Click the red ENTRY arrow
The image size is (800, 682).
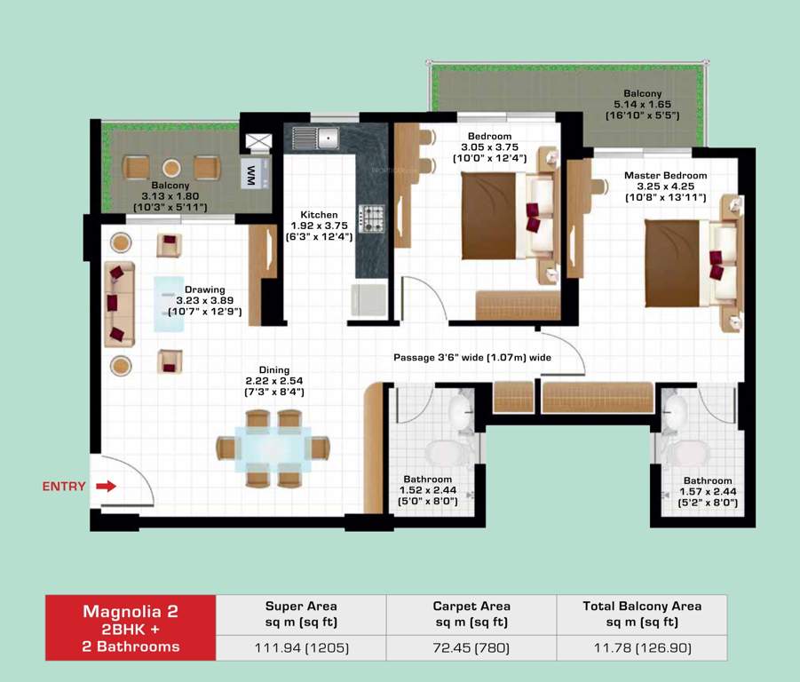[x=106, y=486]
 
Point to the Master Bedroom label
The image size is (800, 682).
[x=665, y=175]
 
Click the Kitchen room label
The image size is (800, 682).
[x=318, y=215]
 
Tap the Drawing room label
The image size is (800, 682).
[x=204, y=289]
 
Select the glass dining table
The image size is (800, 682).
[x=273, y=448]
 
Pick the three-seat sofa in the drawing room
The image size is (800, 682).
[x=117, y=303]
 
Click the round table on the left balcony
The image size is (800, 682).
[x=171, y=167]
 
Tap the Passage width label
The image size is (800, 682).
[x=471, y=357]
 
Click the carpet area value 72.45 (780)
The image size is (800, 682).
[x=471, y=647]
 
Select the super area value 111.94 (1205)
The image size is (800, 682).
[x=301, y=647]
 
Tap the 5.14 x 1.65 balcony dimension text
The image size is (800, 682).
[x=642, y=104]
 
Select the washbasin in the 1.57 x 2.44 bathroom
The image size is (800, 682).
[x=677, y=411]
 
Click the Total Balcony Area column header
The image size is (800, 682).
[x=641, y=607]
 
